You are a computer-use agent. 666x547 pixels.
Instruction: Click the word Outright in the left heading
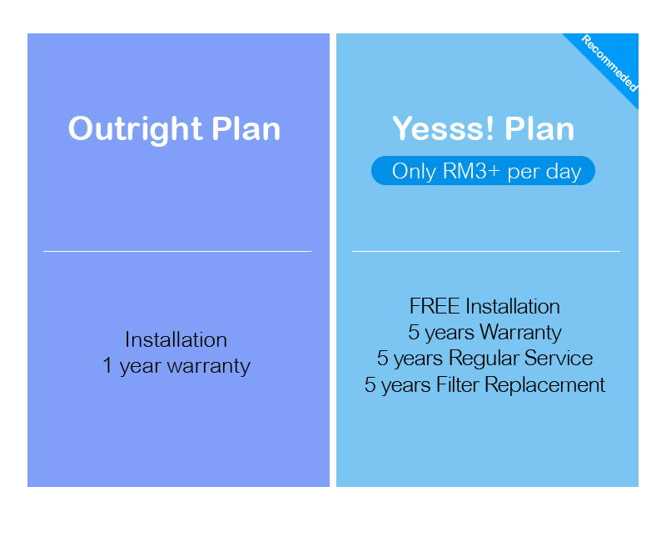pyautogui.click(x=135, y=129)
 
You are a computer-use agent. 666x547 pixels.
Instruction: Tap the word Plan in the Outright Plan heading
pyautogui.click(x=246, y=128)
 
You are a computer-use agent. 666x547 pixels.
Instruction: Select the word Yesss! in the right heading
pyautogui.click(x=443, y=128)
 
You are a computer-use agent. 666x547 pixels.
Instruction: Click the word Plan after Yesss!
pyautogui.click(x=539, y=128)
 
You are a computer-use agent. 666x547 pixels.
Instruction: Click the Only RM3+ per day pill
pyautogui.click(x=483, y=171)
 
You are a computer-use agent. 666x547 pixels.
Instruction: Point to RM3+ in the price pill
pyautogui.click(x=471, y=171)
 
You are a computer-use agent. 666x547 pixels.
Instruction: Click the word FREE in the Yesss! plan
pyautogui.click(x=435, y=306)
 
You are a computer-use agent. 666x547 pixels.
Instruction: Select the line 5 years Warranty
pyautogui.click(x=485, y=333)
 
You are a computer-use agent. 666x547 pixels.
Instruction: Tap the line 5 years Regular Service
pyautogui.click(x=485, y=359)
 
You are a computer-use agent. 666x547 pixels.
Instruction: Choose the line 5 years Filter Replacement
pyautogui.click(x=485, y=385)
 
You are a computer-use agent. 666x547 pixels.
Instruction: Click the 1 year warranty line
pyautogui.click(x=176, y=366)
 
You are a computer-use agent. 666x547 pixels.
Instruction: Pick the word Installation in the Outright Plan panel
pyautogui.click(x=176, y=340)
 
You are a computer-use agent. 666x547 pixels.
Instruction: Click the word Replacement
pyautogui.click(x=545, y=385)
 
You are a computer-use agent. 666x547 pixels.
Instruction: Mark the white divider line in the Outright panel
pyautogui.click(x=177, y=251)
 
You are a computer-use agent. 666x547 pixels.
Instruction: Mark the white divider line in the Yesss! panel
pyautogui.click(x=486, y=251)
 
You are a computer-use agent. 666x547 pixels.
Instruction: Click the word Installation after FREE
pyautogui.click(x=513, y=306)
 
